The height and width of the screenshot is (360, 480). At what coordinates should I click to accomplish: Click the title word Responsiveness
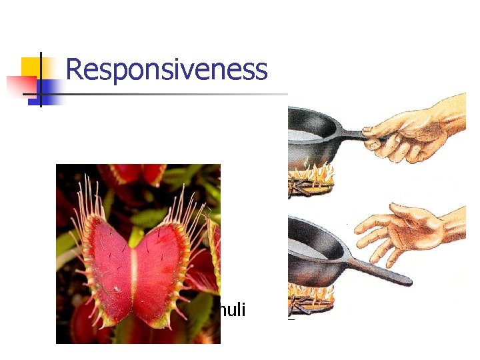[167, 69]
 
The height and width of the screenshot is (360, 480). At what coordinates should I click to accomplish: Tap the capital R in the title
[75, 69]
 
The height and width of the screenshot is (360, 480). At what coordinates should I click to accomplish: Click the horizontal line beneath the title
[167, 94]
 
